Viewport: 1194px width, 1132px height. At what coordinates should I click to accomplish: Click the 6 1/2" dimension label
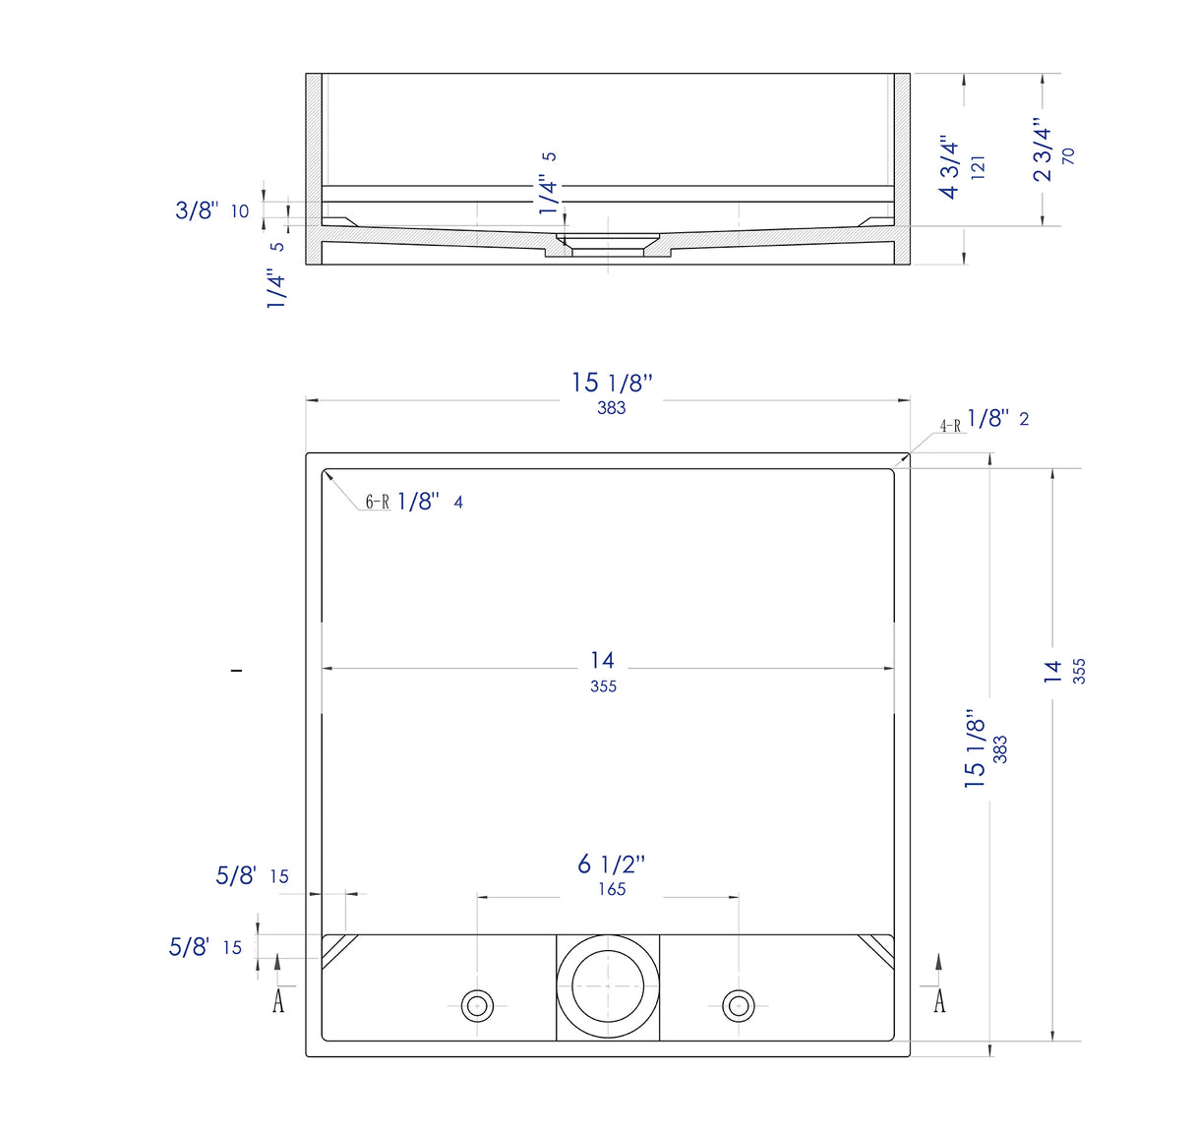611,864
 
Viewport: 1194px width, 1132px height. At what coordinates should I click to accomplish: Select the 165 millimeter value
612,889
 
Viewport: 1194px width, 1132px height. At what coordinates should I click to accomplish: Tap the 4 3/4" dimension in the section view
949,167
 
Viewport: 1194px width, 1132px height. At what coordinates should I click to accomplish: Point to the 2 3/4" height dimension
1043,150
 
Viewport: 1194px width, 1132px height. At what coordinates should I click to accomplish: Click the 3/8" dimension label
197,209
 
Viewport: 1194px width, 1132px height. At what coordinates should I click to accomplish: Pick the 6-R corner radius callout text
378,503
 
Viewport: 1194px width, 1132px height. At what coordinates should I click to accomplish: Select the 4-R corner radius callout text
950,426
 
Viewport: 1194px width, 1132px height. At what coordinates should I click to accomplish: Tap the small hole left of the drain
478,1006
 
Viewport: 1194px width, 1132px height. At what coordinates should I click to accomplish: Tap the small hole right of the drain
738,1006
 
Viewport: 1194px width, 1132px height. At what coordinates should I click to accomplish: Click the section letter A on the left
278,1001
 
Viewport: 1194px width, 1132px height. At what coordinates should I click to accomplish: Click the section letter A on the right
939,1001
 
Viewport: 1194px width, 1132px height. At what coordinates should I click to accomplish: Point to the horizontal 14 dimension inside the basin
603,661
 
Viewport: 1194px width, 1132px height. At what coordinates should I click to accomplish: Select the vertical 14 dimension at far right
1053,672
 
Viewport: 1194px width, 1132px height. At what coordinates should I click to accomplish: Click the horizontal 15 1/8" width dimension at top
612,383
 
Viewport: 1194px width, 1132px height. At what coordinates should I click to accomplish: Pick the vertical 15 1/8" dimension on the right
975,749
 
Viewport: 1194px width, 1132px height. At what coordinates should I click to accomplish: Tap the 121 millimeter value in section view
978,165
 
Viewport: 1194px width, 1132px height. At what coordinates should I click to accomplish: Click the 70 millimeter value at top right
1069,155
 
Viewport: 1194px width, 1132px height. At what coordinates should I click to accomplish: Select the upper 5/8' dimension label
236,875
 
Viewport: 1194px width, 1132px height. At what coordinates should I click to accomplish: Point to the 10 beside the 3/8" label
240,211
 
